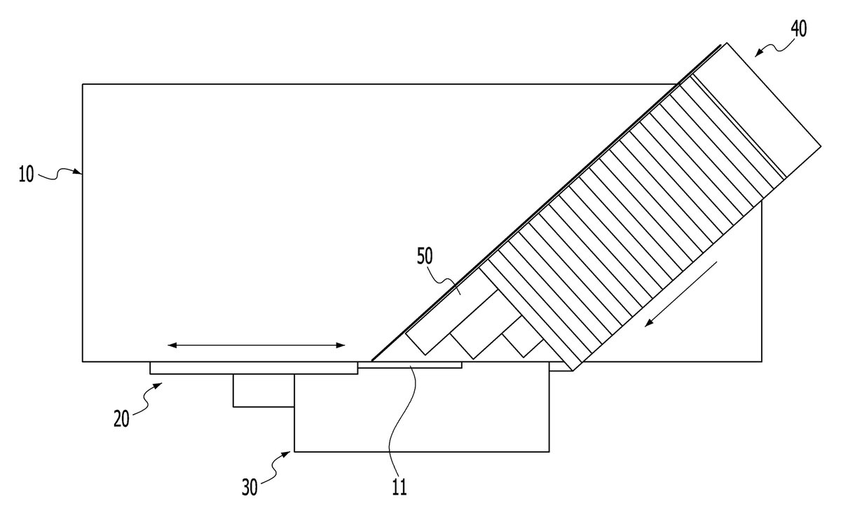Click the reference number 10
27,174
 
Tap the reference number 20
121,419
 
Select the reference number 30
249,488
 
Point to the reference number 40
798,29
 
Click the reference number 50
425,256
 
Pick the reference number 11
399,488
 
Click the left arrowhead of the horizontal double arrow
172,345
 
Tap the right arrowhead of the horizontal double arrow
340,345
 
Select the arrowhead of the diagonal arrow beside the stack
649,322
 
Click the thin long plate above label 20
254,368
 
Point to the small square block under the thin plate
264,390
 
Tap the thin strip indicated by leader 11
409,365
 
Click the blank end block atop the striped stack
755,110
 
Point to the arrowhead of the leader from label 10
78,172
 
